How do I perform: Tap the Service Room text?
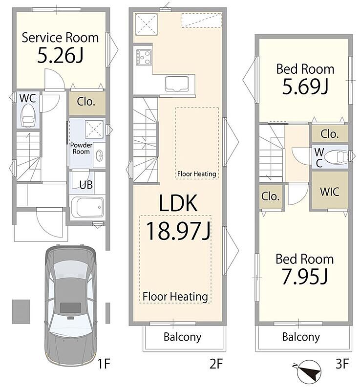pyautogui.click(x=60, y=37)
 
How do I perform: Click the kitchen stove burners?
pyautogui.click(x=144, y=57)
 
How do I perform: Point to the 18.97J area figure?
pyautogui.click(x=178, y=232)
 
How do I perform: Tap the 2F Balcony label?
pyautogui.click(x=182, y=337)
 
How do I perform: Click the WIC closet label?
pyautogui.click(x=330, y=191)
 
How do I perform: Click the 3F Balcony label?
pyautogui.click(x=301, y=337)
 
